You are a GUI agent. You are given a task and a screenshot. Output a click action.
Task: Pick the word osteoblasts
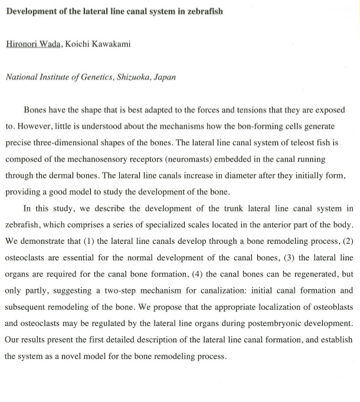(x=332, y=307)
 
